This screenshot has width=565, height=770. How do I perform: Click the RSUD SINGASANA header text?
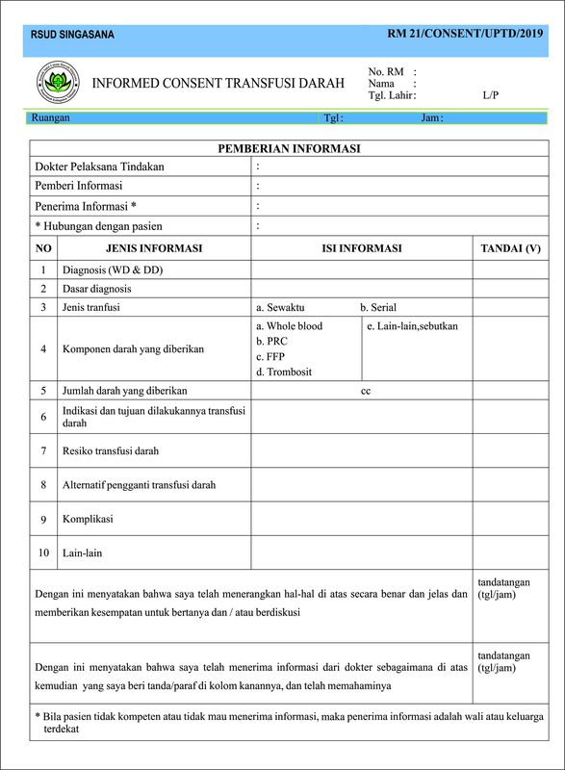point(72,35)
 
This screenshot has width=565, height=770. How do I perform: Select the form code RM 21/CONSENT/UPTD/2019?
point(465,34)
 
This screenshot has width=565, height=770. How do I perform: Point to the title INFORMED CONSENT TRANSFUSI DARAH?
point(218,84)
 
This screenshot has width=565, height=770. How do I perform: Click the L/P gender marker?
point(491,95)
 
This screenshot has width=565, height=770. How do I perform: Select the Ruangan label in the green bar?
point(51,118)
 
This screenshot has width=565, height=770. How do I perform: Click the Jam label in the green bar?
point(431,118)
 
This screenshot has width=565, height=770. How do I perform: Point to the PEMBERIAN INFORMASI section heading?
point(289,149)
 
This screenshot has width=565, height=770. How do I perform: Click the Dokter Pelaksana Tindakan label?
point(99,167)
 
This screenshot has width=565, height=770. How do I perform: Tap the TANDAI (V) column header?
point(510,248)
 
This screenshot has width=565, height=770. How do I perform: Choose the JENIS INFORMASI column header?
point(154,248)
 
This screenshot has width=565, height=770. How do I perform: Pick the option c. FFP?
point(270,357)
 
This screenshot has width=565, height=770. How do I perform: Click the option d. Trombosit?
point(284,372)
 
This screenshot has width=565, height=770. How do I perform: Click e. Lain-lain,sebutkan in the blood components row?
point(413,326)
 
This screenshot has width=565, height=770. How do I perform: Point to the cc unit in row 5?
point(366,391)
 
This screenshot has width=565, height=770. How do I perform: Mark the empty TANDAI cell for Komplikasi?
point(510,519)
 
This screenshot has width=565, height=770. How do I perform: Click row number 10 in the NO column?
point(43,553)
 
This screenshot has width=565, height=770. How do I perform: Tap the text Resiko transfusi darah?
point(111,450)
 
